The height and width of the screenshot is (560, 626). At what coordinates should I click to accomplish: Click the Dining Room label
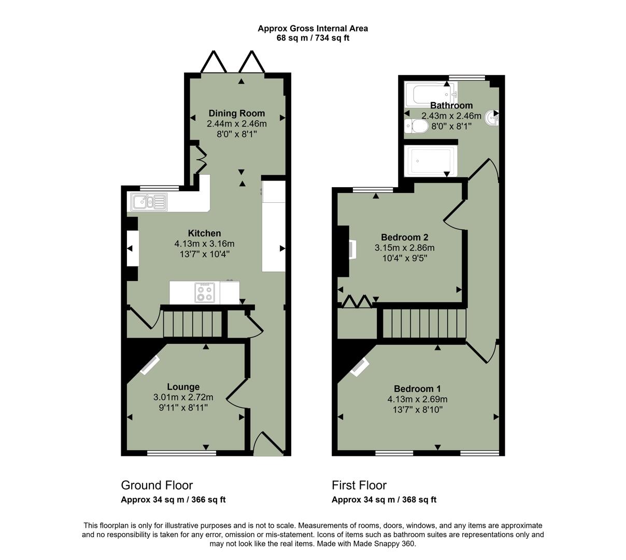pyautogui.click(x=236, y=113)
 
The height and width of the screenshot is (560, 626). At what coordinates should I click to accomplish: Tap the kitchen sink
pyautogui.click(x=149, y=201)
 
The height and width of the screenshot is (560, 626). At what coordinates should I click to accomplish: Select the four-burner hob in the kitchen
pyautogui.click(x=204, y=293)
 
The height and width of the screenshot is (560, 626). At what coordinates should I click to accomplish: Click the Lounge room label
pyautogui.click(x=183, y=387)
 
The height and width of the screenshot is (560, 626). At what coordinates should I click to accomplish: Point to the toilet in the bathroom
pyautogui.click(x=416, y=126)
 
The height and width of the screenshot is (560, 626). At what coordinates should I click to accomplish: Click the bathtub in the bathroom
pyautogui.click(x=431, y=94)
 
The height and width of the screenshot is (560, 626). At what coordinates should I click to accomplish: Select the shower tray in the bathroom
pyautogui.click(x=432, y=161)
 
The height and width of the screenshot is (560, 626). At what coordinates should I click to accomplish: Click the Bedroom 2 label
pyautogui.click(x=404, y=237)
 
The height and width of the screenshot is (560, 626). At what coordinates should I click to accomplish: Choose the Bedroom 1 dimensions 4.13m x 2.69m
pyautogui.click(x=417, y=399)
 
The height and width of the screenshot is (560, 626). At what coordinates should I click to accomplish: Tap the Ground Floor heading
pyautogui.click(x=156, y=485)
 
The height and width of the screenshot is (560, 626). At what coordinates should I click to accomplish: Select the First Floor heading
pyautogui.click(x=359, y=485)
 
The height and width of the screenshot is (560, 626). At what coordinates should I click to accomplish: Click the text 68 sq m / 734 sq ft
pyautogui.click(x=313, y=38)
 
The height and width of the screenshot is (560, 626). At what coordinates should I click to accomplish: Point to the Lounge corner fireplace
pyautogui.click(x=150, y=365)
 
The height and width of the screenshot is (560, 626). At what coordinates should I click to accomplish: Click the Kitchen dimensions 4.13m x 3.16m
pyautogui.click(x=204, y=244)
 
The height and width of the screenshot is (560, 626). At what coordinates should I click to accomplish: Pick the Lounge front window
pyautogui.click(x=181, y=453)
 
